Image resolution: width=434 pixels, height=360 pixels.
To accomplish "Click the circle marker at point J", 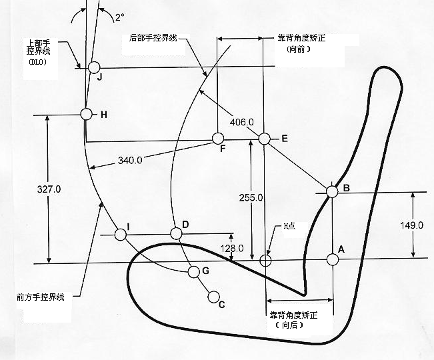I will pos(93,67).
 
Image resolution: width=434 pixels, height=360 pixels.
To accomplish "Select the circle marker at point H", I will pos(86,114).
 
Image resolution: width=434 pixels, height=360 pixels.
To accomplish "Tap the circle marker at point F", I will pos(217,138).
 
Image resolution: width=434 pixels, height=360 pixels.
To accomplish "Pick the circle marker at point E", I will pos(264,139).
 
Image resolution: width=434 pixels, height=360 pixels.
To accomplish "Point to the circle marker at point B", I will pos(332,191).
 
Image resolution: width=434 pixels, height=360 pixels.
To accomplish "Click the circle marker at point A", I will pos(332,260).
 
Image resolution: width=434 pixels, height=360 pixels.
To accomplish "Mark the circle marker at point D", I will pos(176,233).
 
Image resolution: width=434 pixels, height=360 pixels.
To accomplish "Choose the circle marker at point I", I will pos(121,235).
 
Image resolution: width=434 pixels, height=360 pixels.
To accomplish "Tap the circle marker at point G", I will pos(194,271).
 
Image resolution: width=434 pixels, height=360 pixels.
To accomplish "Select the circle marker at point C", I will pos(214,297).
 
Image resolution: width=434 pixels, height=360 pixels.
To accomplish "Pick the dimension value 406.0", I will pos(241,122).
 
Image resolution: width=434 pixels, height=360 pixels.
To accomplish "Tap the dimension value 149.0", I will pos(413,225).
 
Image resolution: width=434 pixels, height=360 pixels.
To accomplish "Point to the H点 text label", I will pos(289,226).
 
